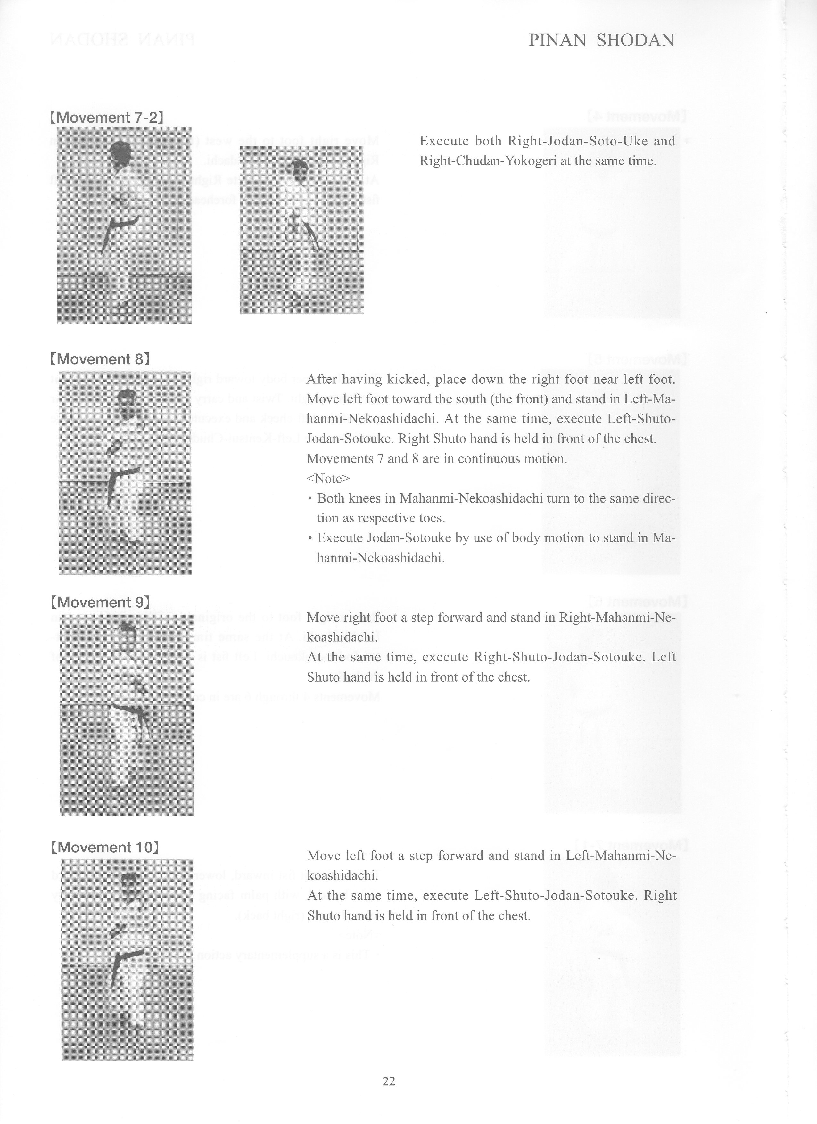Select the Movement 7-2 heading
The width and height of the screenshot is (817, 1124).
pyautogui.click(x=107, y=118)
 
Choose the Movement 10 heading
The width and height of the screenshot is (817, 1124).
pyautogui.click(x=104, y=847)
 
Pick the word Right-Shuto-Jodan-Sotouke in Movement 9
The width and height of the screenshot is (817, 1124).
pyautogui.click(x=559, y=657)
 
